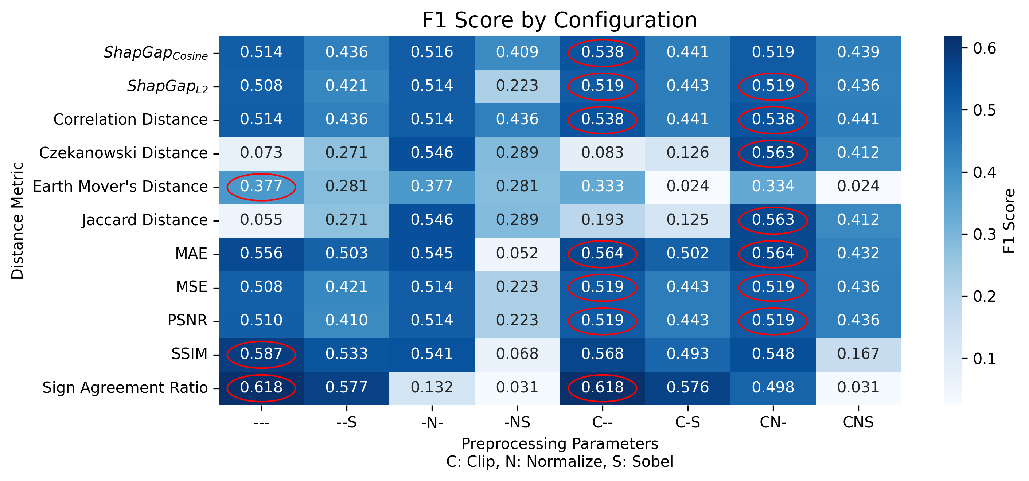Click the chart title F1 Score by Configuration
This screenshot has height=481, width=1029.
tap(559, 20)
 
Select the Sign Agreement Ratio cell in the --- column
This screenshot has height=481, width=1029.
tap(261, 388)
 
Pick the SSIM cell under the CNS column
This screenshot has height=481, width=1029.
tap(858, 354)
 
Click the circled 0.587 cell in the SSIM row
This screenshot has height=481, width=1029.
tap(261, 354)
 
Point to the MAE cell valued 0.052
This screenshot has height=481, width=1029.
tap(517, 254)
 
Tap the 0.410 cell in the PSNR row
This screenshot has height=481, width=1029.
tap(346, 321)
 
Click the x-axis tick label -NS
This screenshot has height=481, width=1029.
tap(517, 422)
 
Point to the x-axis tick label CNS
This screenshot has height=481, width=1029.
tap(858, 422)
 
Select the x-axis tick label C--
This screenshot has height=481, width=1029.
tap(603, 422)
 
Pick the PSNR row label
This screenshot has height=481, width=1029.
tap(187, 321)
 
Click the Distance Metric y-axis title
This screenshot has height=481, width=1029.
tap(17, 220)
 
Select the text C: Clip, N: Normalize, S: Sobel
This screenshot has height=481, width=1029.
tap(559, 461)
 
